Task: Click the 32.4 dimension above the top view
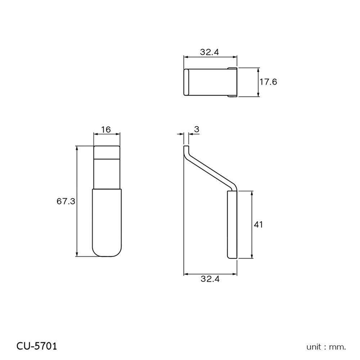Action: point(210,52)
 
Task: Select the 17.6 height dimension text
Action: point(268,82)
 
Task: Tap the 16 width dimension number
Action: point(106,130)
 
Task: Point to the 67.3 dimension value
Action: point(66,201)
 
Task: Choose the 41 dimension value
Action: point(258,225)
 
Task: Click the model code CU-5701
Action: point(37,346)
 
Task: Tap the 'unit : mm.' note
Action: point(326,347)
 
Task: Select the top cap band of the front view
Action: point(107,152)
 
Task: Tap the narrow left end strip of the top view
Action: point(186,82)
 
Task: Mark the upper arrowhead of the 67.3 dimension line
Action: point(77,148)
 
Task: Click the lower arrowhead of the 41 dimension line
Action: point(252,256)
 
